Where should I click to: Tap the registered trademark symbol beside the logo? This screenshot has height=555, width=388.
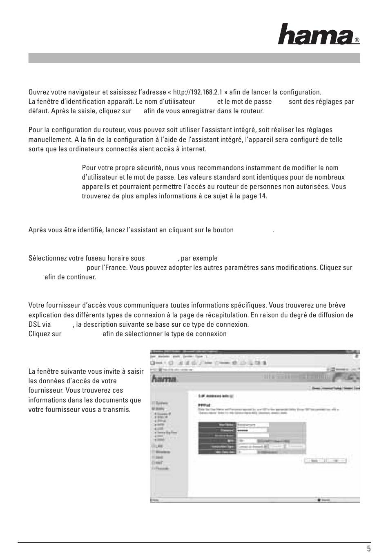pyautogui.click(x=357, y=40)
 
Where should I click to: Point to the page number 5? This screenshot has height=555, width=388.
pyautogui.click(x=369, y=549)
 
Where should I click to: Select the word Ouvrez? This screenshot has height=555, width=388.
pyautogui.click(x=38, y=92)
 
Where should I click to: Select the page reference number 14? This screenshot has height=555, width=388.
pyautogui.click(x=262, y=196)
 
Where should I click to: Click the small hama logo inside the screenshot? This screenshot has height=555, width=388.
pyautogui.click(x=164, y=379)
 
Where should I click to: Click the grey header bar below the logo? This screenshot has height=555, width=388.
pyautogui.click(x=194, y=58)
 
